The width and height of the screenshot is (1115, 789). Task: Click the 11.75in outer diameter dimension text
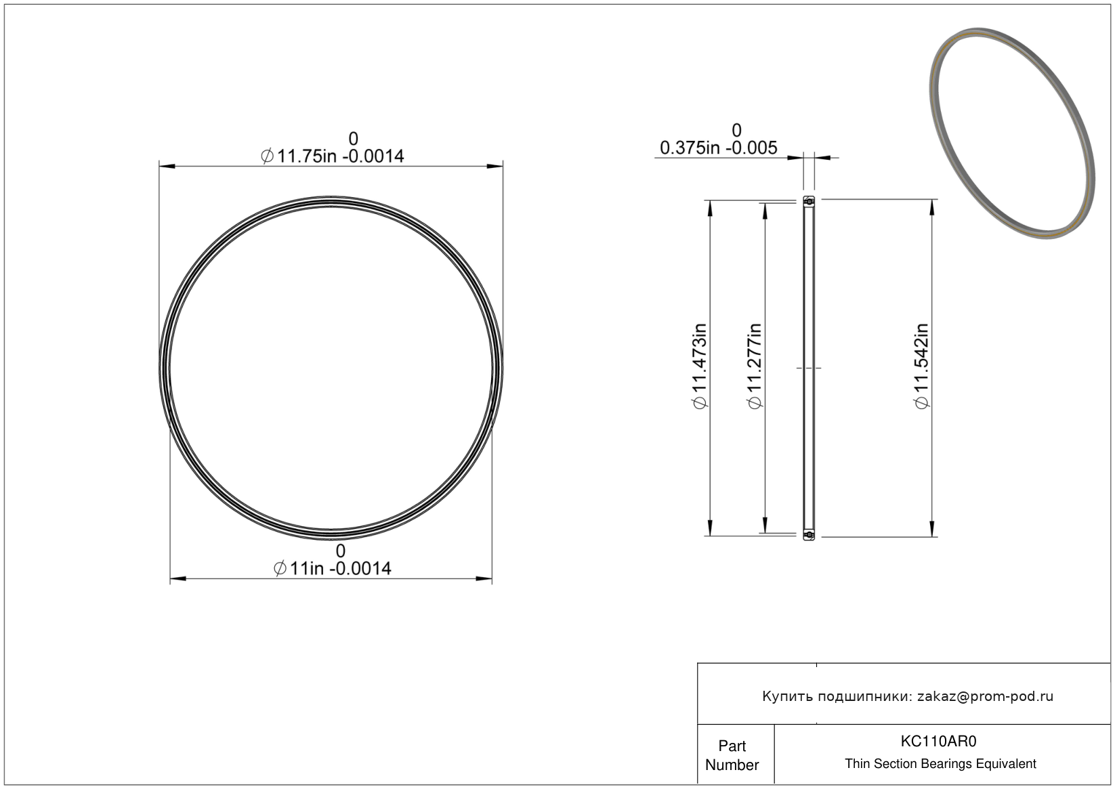(x=332, y=156)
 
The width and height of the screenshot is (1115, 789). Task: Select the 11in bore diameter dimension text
(x=333, y=568)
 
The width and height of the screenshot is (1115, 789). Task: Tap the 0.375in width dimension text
(x=718, y=148)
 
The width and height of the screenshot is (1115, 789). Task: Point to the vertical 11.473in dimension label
(x=699, y=366)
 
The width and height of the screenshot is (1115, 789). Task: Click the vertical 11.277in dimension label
(x=755, y=366)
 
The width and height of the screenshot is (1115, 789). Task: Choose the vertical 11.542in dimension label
(x=921, y=366)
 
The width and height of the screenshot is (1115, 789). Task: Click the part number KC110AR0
(x=938, y=742)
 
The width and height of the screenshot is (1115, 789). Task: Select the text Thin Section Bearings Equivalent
(x=940, y=764)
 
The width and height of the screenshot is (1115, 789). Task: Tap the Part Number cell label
(x=732, y=755)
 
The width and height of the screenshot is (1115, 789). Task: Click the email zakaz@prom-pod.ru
(x=985, y=696)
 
